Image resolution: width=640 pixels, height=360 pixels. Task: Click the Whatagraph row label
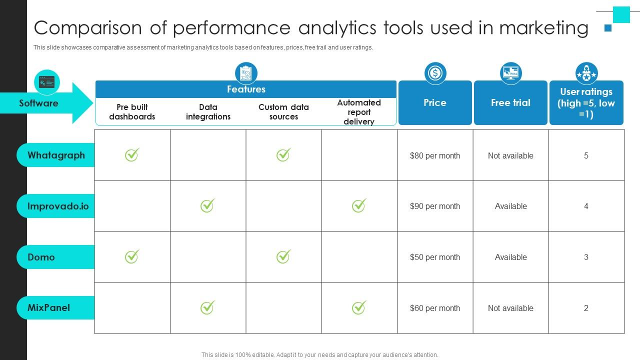[56, 155]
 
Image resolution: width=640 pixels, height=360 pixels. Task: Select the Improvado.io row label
[58, 206]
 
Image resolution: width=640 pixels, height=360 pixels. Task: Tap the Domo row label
[41, 257]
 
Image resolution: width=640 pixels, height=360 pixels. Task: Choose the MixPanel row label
[48, 307]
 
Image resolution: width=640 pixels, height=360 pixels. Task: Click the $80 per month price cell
[434, 155]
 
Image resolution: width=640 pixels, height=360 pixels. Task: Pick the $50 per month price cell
[434, 257]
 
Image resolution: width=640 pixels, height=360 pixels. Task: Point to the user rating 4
[586, 206]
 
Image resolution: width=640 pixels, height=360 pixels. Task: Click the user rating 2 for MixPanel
[586, 308]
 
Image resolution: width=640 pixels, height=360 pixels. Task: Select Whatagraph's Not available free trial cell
[510, 155]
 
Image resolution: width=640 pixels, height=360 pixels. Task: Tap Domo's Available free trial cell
[510, 257]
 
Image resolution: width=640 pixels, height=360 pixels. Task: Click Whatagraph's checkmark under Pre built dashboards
[132, 155]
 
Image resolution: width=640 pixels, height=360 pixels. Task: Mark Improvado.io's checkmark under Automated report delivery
[358, 205]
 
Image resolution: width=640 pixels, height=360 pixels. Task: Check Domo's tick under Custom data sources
[283, 256]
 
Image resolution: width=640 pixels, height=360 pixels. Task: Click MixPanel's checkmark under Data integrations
[207, 307]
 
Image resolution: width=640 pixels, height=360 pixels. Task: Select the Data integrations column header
[208, 112]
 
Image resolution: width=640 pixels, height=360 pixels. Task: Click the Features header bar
[246, 89]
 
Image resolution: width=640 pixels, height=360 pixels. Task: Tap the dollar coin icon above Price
[435, 73]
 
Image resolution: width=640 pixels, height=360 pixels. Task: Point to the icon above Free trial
[510, 73]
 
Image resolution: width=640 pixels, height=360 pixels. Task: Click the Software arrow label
[39, 103]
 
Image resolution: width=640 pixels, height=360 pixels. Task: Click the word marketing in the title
[543, 28]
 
